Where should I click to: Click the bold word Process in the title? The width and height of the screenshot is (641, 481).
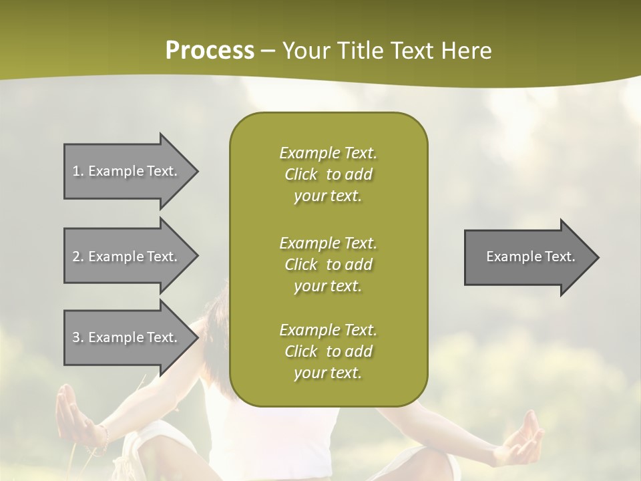coord(210,51)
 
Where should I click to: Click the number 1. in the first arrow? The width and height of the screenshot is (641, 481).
coord(78,171)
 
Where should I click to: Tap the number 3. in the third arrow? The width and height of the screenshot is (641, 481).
coord(78,337)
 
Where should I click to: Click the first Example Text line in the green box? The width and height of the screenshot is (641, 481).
coord(328,153)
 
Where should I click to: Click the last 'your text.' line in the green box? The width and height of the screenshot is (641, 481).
coord(328,373)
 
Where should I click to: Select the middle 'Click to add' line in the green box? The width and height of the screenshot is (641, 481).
coord(328,265)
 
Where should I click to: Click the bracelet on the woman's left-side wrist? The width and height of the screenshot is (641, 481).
coord(103,436)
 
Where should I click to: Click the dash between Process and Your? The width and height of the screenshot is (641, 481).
coord(268,51)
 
